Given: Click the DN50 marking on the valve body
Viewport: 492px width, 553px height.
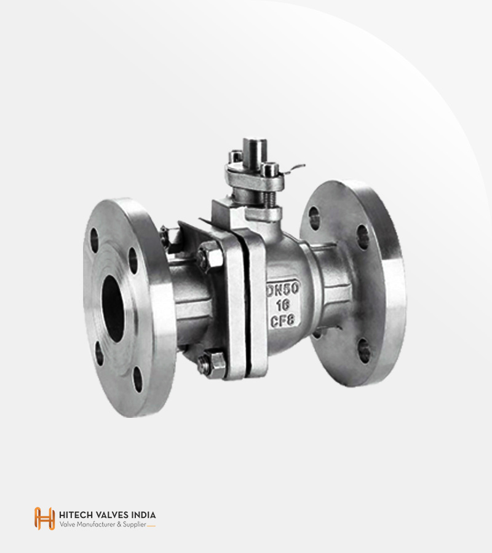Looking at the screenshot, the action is click(283, 289).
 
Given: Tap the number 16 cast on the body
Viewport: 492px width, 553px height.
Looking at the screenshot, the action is click(283, 305).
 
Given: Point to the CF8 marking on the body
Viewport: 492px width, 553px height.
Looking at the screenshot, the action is click(282, 321).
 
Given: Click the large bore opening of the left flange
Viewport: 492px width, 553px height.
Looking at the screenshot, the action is click(113, 308).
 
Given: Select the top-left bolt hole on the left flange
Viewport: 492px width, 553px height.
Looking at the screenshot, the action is click(94, 240).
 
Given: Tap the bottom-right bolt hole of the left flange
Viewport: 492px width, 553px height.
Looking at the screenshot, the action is click(138, 380).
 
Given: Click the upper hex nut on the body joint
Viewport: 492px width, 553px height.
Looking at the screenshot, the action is click(210, 256).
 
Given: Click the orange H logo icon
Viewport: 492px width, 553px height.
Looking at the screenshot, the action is click(44, 519).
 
